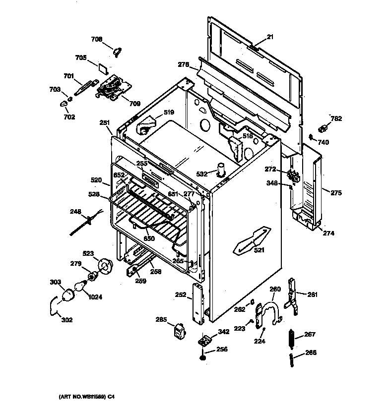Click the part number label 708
[97, 39]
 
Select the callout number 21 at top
[270, 37]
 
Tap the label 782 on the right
[336, 118]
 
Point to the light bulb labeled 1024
[81, 286]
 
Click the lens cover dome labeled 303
[68, 295]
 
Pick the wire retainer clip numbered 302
[54, 306]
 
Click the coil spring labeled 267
[291, 339]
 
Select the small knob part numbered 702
[64, 104]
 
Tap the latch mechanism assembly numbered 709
[113, 87]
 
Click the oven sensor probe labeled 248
[86, 222]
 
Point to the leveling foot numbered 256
[202, 357]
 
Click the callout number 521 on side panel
[259, 250]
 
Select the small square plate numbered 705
[103, 68]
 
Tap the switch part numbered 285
[180, 332]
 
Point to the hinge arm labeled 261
[292, 296]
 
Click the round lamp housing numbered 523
[105, 266]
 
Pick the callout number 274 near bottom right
[328, 233]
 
